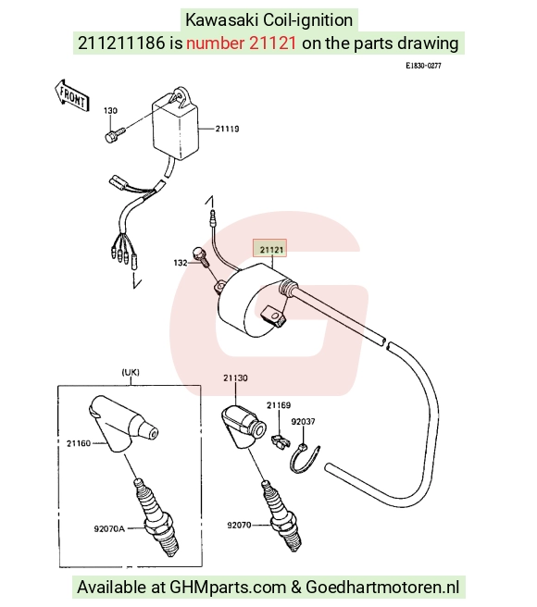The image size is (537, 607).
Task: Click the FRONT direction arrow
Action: tap(72, 95)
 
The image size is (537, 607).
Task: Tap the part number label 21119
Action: tap(227, 129)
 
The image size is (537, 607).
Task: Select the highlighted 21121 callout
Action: tap(270, 248)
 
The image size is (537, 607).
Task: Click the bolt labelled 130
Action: tap(115, 134)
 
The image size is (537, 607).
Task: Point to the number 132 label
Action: tap(181, 263)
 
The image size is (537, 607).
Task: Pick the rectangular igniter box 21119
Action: tap(175, 124)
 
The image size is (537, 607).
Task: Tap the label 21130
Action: tap(235, 378)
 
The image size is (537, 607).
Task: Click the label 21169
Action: tap(279, 405)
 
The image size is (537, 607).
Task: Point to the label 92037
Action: tap(303, 422)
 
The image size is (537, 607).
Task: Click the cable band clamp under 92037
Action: tap(305, 459)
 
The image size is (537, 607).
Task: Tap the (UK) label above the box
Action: tap(131, 372)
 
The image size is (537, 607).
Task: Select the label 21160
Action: tap(79, 443)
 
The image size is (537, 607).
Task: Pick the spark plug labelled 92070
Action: tap(281, 514)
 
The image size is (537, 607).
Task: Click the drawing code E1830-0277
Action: tap(423, 66)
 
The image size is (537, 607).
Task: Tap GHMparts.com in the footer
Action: tap(228, 588)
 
